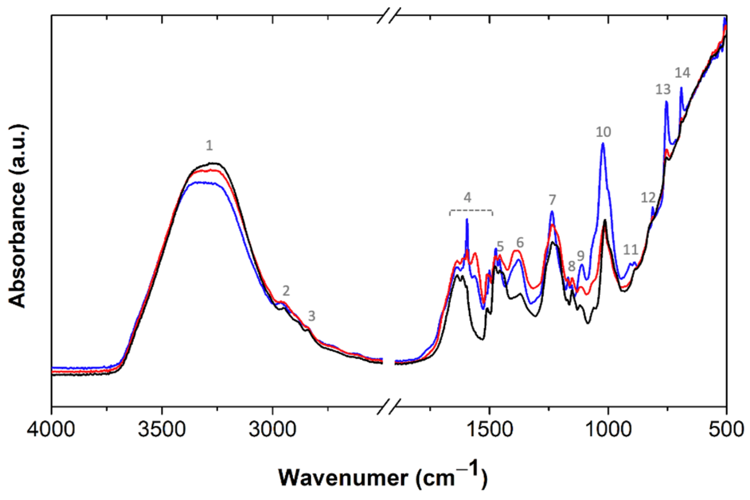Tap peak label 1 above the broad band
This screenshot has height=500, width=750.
point(209,146)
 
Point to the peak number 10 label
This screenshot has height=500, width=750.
point(603,132)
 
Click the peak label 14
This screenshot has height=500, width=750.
point(682,73)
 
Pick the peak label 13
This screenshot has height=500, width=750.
point(663,89)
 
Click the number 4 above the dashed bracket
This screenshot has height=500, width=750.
point(467,198)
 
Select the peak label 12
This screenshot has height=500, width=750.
point(648,198)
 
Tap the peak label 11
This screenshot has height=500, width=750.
point(630,250)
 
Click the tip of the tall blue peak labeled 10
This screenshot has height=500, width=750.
point(603,143)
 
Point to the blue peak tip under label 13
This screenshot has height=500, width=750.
point(666,101)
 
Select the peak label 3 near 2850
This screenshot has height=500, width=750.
point(312,316)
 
